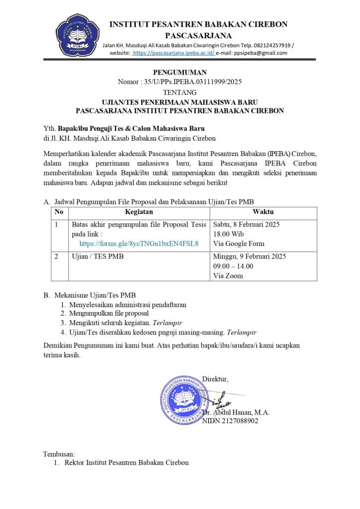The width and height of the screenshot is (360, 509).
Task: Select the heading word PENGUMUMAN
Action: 180,73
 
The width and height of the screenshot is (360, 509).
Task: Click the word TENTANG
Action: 180,92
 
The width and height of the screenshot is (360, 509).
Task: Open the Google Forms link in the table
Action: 139,244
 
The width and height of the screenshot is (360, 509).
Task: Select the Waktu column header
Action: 263,212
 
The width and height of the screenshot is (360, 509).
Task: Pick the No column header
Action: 59,212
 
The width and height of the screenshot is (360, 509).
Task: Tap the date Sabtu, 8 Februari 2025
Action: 246,225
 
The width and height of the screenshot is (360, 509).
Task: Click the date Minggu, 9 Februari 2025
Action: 249,256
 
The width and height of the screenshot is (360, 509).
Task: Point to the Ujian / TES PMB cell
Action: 98,256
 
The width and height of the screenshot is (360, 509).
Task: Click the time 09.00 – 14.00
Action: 233,266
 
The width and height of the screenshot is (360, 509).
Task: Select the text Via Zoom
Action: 228,275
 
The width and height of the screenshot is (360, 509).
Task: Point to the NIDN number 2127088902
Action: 230,421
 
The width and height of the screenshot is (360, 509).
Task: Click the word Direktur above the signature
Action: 215,379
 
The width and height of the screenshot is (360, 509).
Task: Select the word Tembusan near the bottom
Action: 59,454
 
